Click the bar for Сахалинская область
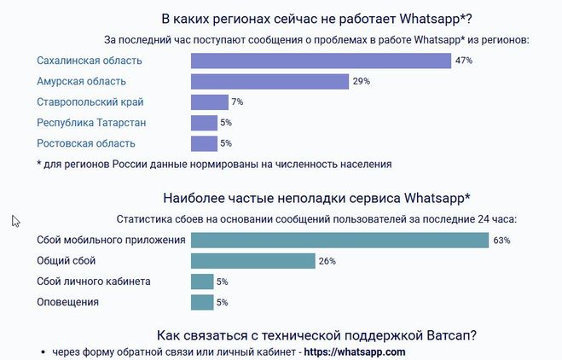pos(321,61)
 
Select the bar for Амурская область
pos(269,82)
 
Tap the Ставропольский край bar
pos(210,102)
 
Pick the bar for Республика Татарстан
pos(204,123)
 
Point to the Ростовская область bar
pos(204,143)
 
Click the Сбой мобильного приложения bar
pos(339,241)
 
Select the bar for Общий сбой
pos(253,261)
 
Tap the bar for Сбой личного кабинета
pos(202,282)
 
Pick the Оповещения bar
pos(202,302)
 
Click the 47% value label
pos(464,61)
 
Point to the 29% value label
pos(361,82)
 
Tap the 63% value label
pos(501,241)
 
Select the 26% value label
pos(327,261)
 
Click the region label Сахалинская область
pos(90,61)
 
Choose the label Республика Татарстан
pos(91,123)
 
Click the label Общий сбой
pos(67,260)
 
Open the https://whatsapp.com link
pos(355,351)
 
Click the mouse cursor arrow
pos(15,221)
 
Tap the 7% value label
pos(237,102)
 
